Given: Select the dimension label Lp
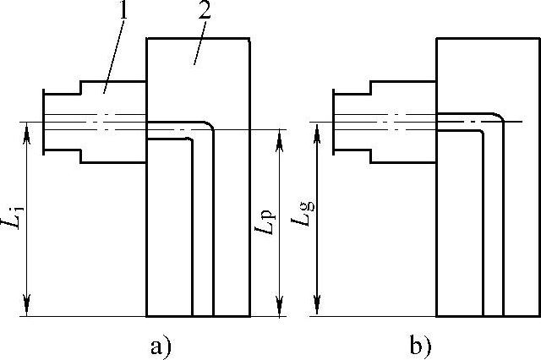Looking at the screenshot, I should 265,222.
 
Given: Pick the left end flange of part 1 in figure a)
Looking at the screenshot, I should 43,122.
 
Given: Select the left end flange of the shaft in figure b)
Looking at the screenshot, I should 333,122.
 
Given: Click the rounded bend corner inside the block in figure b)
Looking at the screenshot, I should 499,117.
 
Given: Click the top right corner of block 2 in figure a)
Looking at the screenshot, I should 250,38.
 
